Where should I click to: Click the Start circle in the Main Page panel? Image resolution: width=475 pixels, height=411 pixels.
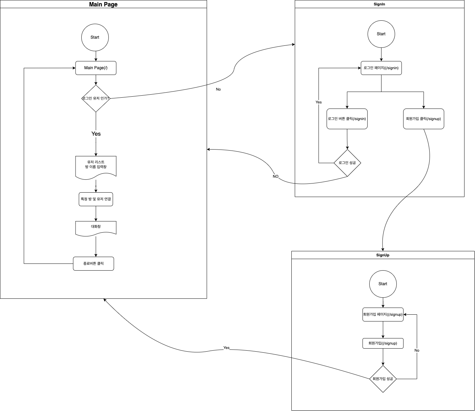95,37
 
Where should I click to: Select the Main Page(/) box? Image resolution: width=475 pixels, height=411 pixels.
96,68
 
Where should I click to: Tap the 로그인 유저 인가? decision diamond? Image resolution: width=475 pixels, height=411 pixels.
96,98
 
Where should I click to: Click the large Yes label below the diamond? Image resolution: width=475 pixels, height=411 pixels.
96,134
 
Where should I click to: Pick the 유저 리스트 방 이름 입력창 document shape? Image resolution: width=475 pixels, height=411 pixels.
96,165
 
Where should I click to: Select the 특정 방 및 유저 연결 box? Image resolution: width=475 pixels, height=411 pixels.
96,199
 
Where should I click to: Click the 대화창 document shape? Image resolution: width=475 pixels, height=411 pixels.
96,227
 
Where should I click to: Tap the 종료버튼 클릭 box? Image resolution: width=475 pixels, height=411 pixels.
94,263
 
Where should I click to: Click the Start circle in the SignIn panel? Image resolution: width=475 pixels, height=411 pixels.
381,34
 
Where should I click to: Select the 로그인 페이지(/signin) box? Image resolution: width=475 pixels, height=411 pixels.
381,68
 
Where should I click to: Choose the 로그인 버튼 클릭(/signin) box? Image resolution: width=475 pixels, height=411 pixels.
347,119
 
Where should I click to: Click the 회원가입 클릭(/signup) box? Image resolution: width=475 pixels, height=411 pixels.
424,119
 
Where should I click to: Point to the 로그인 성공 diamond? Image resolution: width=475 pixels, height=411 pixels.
347,163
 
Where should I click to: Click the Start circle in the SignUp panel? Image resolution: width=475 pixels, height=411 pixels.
383,284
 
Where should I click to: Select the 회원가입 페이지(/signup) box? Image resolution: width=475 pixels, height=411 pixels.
383,314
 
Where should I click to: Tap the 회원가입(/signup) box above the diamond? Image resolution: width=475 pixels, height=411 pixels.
383,343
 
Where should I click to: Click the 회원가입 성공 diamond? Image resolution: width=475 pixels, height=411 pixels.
383,379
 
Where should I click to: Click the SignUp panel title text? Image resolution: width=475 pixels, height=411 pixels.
383,255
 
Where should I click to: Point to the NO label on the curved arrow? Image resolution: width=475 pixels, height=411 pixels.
275,176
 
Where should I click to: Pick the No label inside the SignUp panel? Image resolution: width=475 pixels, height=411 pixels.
417,350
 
